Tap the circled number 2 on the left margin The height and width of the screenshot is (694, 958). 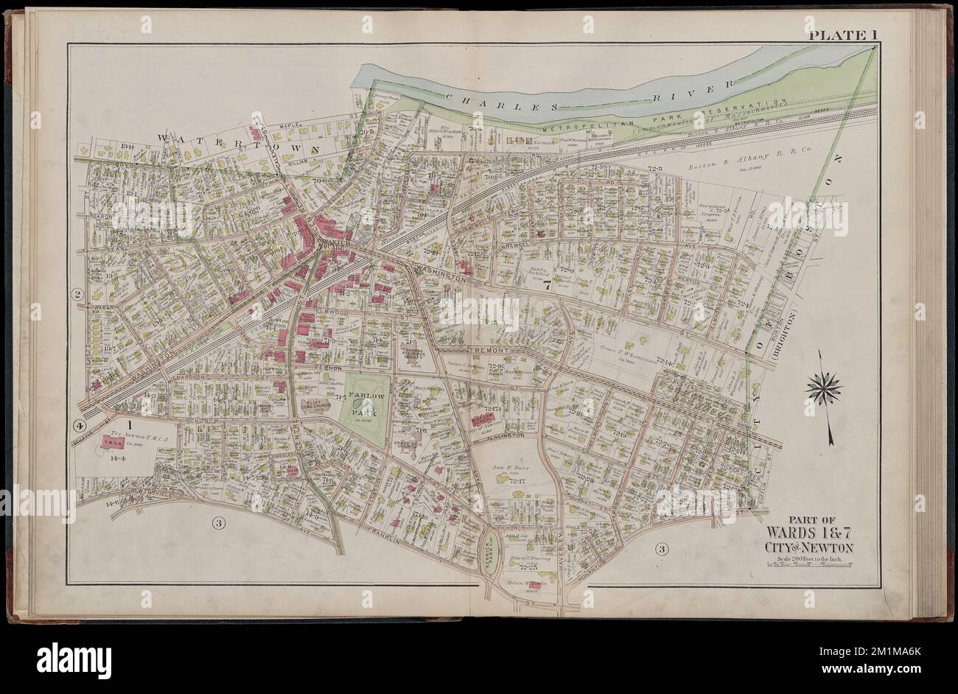[75, 295]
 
